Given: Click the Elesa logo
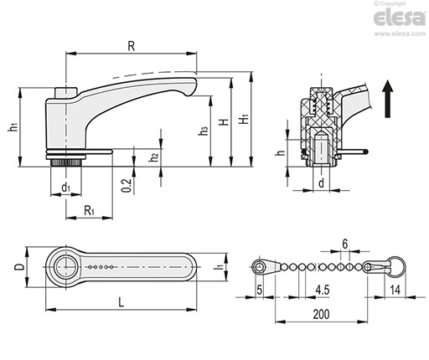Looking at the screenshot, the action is point(400,18).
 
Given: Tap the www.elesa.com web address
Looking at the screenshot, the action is point(400,33).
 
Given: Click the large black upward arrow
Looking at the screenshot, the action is point(388,99).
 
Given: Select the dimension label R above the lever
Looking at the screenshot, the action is point(131,46).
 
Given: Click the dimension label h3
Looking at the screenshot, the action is point(204,131).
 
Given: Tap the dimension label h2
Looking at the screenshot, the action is point(153,157).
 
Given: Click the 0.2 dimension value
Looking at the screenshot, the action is point(127,186).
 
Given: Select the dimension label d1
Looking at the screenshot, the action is point(65,188).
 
